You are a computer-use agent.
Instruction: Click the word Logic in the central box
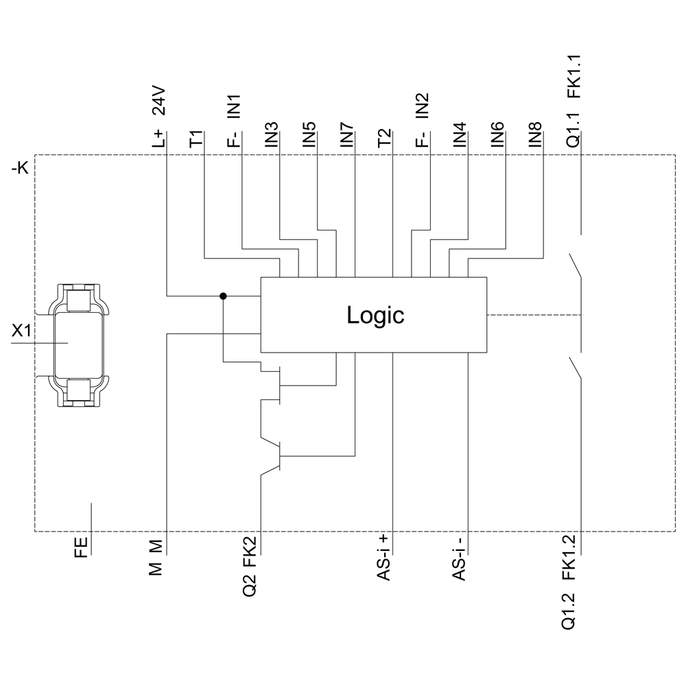[375, 315]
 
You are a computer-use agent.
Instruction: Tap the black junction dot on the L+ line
[223, 296]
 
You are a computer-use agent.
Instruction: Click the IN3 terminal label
[272, 135]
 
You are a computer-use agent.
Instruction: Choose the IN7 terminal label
[347, 135]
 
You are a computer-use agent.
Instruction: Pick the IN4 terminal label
[460, 135]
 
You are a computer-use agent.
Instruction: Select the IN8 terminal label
[535, 135]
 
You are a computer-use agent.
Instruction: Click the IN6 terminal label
[497, 135]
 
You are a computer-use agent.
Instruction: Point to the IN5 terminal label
[309, 135]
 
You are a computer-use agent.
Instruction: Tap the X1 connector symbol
[79, 342]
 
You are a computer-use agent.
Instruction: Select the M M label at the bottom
[156, 556]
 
